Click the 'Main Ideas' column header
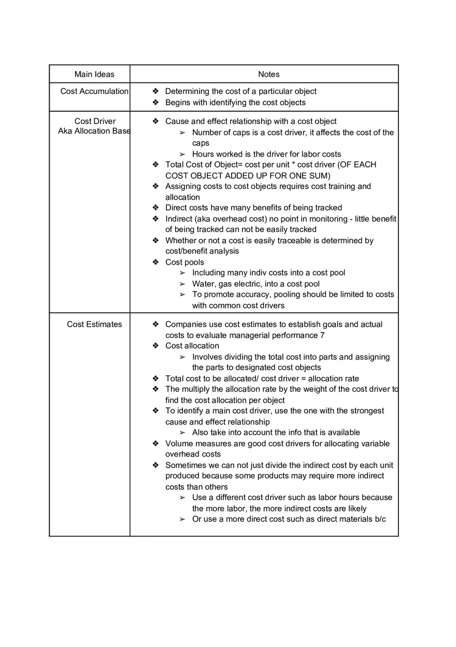(94, 74)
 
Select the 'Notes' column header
(268, 74)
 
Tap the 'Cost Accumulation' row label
(94, 91)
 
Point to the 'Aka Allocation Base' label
(94, 131)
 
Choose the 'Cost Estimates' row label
(94, 324)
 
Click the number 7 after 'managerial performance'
(322, 335)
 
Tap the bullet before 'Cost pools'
(155, 262)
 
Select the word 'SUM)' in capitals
(319, 175)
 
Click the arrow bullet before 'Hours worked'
(182, 154)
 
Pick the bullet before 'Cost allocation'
(155, 346)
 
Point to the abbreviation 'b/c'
(380, 519)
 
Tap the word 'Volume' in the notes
(179, 444)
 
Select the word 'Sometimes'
(185, 465)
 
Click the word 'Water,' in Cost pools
(204, 284)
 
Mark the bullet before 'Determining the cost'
(155, 91)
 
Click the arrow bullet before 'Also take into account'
(182, 432)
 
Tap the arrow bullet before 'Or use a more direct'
(182, 519)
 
